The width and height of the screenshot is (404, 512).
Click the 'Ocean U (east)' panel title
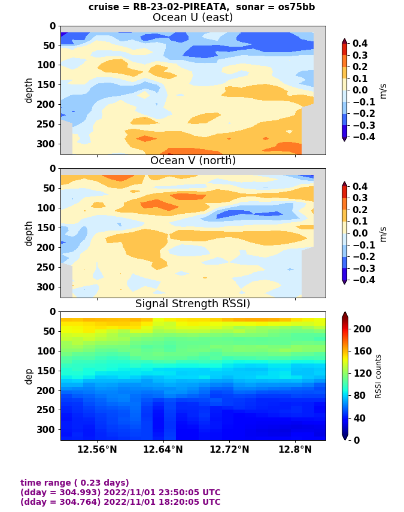[x=193, y=17]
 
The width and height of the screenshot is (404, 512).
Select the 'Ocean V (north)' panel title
[x=193, y=160]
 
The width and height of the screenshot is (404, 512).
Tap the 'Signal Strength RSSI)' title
[x=193, y=304]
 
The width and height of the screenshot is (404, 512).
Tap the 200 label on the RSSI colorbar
[x=363, y=329]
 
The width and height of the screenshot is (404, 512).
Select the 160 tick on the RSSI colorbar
[x=363, y=351]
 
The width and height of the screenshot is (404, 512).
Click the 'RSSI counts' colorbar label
[x=378, y=376]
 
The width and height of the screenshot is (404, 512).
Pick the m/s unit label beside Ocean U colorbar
[x=384, y=90]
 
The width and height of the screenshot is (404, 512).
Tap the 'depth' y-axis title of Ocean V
[x=29, y=233]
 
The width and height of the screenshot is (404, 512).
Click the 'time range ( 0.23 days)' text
[x=75, y=483]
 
